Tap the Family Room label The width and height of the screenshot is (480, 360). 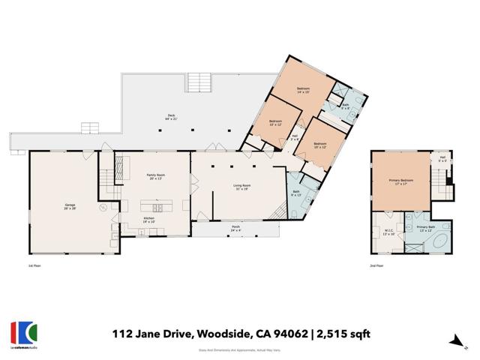pos(155,176)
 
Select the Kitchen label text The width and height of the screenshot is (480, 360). pos(148,220)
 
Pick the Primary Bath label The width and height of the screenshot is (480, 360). pos(425,229)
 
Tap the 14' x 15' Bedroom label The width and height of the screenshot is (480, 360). pos(302,90)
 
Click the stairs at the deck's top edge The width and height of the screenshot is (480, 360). pos(197,82)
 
